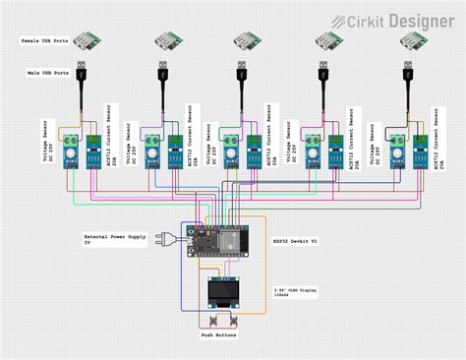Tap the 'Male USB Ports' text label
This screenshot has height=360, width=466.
coord(46,73)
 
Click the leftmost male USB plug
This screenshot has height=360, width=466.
coord(83,77)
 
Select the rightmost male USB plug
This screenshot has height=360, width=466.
coord(407,77)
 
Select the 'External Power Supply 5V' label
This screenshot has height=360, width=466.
coord(113,240)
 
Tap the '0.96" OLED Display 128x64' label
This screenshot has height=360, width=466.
coord(296,292)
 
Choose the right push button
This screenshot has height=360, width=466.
coord(236,323)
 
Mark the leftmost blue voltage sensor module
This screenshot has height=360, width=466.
coord(71,151)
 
